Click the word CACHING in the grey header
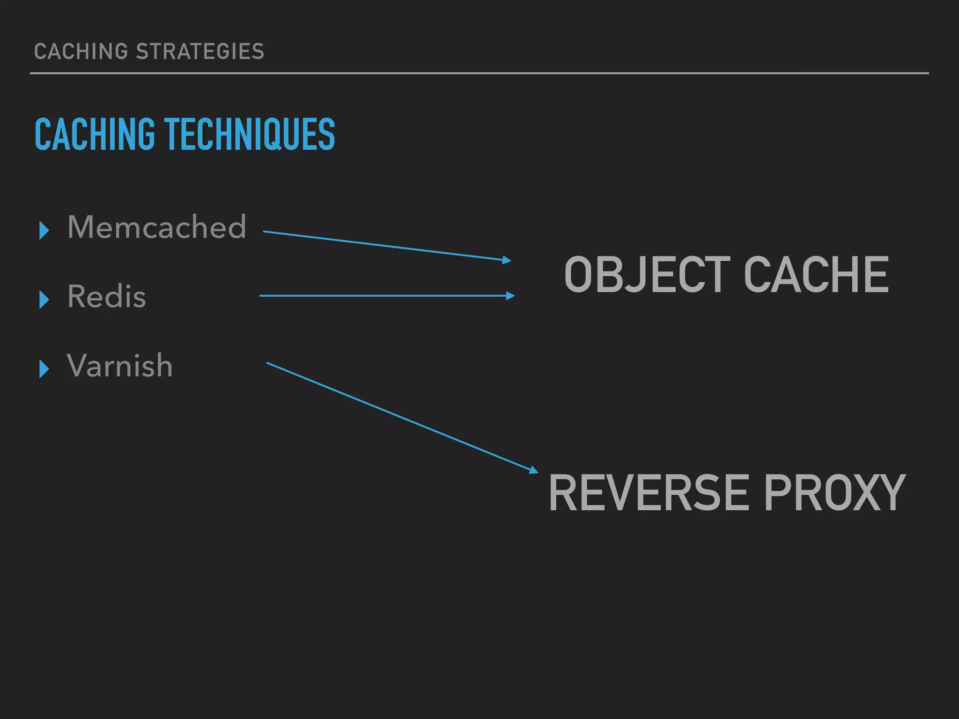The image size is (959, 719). [81, 51]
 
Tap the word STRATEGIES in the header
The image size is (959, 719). [200, 51]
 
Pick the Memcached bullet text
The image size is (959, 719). [156, 227]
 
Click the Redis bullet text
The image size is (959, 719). [107, 296]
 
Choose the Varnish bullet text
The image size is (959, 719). [120, 366]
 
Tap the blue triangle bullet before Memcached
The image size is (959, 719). [44, 230]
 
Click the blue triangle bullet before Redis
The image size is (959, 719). [44, 300]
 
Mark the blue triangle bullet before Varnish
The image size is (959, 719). [44, 369]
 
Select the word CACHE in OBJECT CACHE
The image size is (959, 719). [816, 275]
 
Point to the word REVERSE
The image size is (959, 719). [649, 492]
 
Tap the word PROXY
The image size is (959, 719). [834, 492]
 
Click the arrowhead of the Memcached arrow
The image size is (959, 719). [507, 260]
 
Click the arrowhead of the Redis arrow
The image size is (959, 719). [510, 296]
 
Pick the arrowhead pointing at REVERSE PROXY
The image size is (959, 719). [534, 470]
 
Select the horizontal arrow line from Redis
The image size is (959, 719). [384, 296]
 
